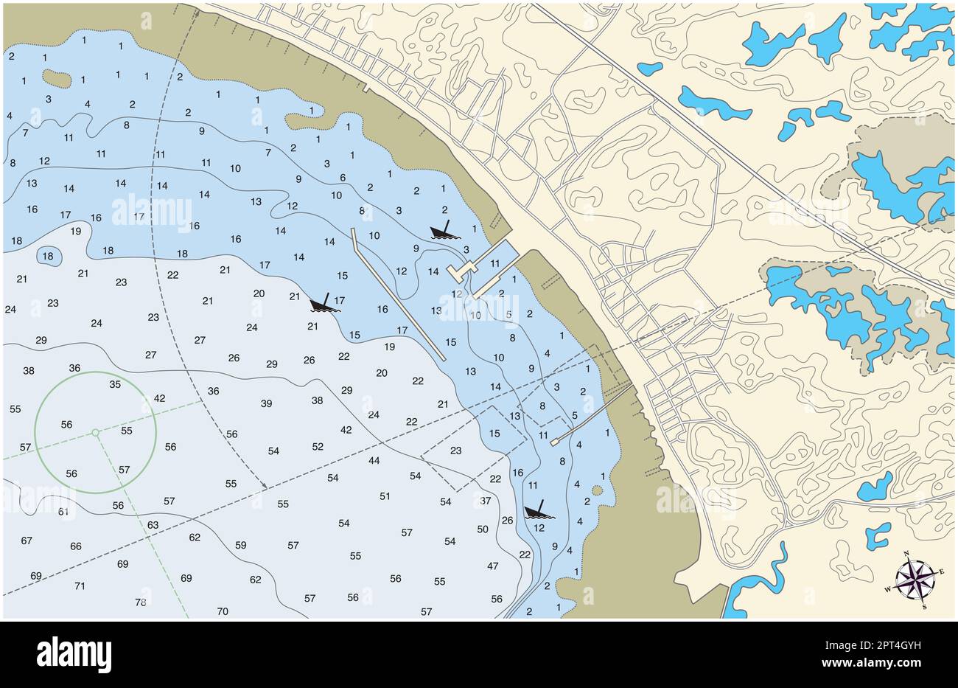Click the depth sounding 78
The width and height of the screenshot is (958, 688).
[x=141, y=602]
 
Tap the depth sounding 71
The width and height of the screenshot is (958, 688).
[x=80, y=586]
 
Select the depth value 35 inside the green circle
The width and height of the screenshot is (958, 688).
[x=115, y=384]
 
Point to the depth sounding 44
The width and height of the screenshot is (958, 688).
[x=374, y=460]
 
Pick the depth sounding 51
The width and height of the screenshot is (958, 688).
[x=385, y=496]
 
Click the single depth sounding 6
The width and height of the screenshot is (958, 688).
[x=343, y=178]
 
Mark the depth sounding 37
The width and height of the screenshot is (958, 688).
[x=486, y=501]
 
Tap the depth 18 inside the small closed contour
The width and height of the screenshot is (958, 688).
[x=48, y=256]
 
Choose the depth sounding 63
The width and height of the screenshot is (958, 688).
[x=153, y=525]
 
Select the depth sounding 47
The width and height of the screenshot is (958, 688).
[x=493, y=566]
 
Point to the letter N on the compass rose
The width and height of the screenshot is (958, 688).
[x=906, y=554]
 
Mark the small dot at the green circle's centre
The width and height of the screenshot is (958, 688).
[x=95, y=432]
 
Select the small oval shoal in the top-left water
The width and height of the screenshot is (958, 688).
[x=57, y=77]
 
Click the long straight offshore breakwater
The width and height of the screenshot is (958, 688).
[x=398, y=293]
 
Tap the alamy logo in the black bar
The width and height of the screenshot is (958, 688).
[x=74, y=654]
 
